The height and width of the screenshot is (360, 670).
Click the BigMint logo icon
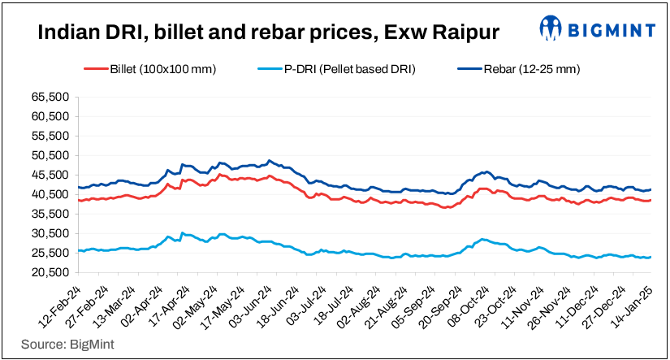click(x=553, y=29)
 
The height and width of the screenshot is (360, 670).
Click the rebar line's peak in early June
click(x=270, y=160)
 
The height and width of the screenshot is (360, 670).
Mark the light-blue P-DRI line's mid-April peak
click(x=181, y=232)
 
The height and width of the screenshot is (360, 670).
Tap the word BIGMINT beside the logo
click(x=611, y=31)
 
